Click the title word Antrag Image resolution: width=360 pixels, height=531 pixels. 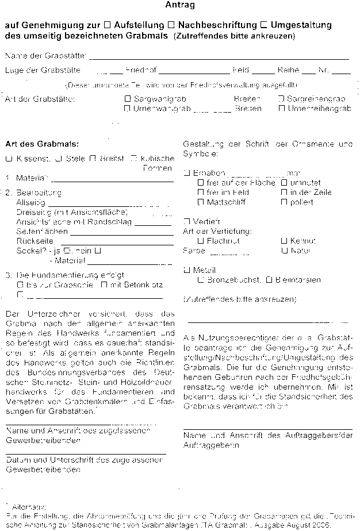point(180,6)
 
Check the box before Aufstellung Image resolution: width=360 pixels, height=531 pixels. point(108,25)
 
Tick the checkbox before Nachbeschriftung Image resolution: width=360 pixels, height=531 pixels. point(171,25)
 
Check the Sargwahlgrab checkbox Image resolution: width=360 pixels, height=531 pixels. point(128,99)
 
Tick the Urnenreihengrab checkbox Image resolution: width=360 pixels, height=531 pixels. point(281,108)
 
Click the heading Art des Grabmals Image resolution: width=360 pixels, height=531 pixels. point(42,143)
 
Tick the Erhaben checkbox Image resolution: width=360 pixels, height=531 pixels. point(186,172)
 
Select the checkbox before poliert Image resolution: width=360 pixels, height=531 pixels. point(284,202)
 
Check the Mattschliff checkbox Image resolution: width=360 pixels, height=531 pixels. point(200,202)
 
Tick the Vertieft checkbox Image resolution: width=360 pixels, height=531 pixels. point(186,221)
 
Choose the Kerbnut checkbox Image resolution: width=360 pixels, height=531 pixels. point(284,241)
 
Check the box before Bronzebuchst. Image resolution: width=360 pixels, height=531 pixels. point(200,280)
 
